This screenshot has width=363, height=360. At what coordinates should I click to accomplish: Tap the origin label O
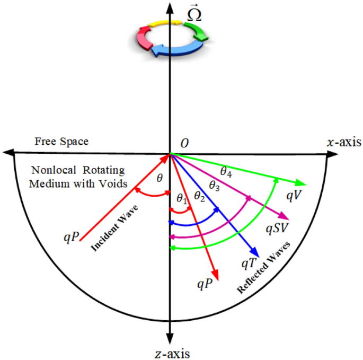tap(184, 144)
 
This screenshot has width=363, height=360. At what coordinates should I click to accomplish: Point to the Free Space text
tap(61, 142)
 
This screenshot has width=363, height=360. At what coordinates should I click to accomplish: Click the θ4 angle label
tap(226, 171)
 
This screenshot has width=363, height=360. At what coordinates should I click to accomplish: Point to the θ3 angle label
tap(216, 186)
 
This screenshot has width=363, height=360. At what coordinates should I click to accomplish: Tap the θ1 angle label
tap(182, 199)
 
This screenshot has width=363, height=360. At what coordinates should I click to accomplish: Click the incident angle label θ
tap(160, 179)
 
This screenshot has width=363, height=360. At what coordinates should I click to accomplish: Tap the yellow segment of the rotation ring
tap(160, 25)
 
